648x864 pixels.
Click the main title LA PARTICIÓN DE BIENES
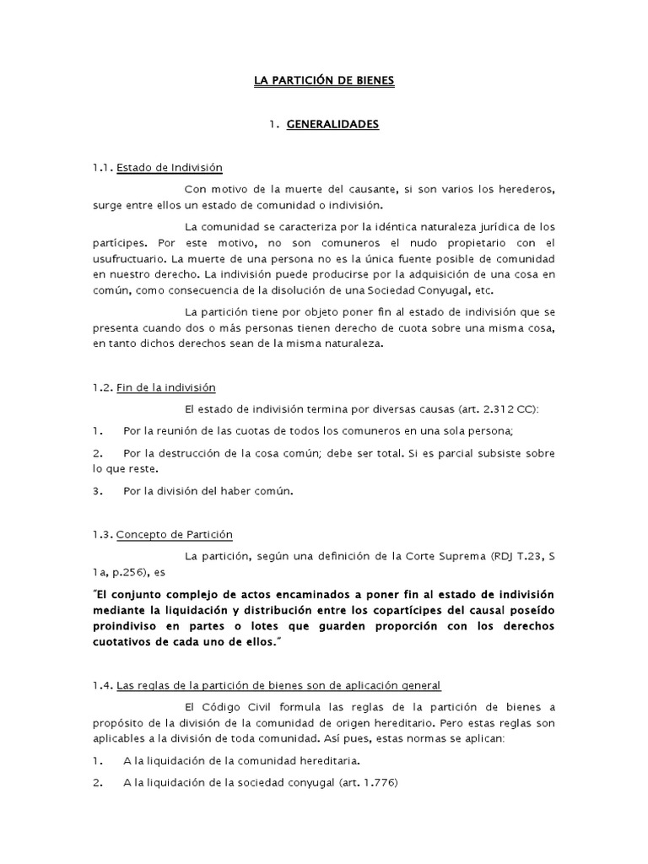click(x=325, y=81)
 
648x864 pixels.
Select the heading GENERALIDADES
click(x=332, y=124)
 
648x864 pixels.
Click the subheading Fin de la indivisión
click(x=166, y=387)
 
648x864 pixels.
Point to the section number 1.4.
click(x=102, y=685)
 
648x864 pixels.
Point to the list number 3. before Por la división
click(x=98, y=490)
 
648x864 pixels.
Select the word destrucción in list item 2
click(x=185, y=453)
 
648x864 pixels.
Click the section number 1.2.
click(x=102, y=387)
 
